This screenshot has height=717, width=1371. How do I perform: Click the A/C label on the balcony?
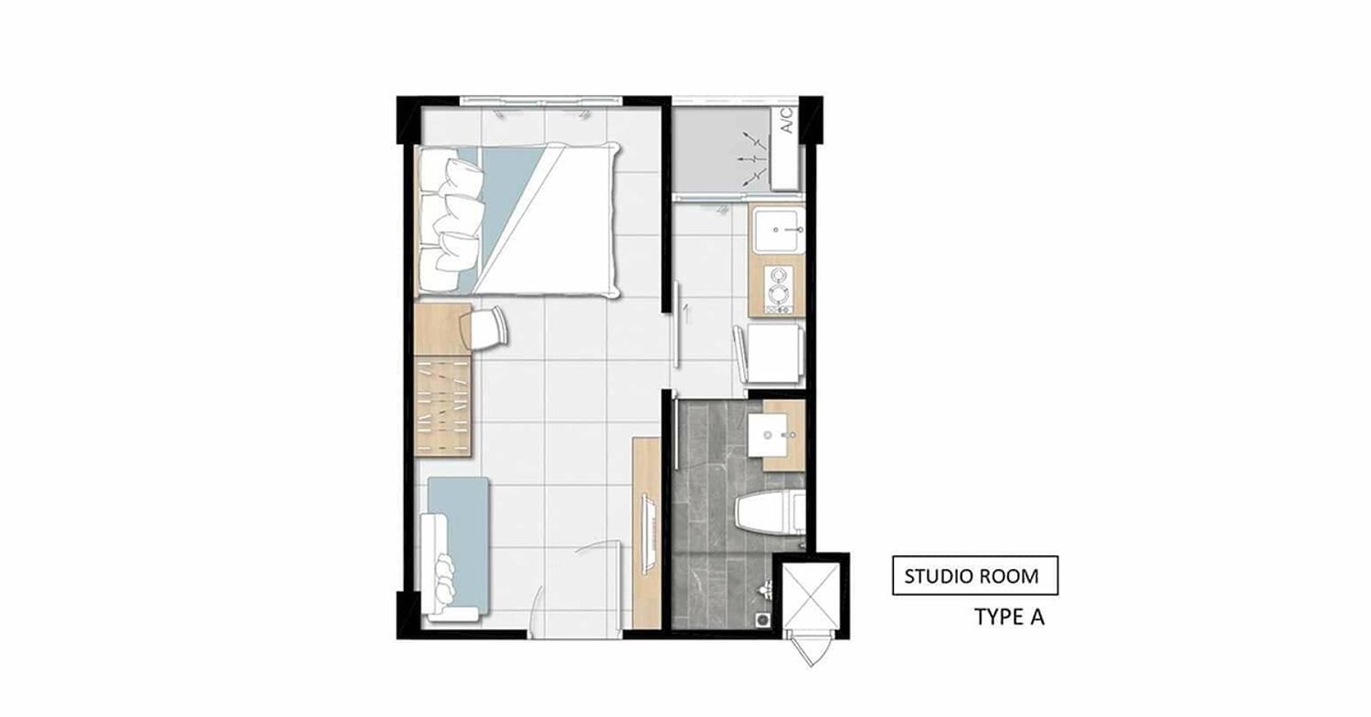(x=787, y=121)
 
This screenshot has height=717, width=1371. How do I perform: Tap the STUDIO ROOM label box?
(x=975, y=575)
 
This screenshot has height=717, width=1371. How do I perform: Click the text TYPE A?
(x=1009, y=617)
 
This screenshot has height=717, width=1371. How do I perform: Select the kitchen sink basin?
(x=778, y=229)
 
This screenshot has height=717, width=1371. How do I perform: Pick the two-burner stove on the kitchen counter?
(x=779, y=290)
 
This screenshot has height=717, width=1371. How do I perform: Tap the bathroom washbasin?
(x=771, y=435)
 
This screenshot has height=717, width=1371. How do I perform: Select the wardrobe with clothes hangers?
(x=443, y=406)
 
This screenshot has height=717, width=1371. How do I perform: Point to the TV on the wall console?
(x=647, y=533)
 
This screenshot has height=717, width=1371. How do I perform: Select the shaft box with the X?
(x=811, y=596)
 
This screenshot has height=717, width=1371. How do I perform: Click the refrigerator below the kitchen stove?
(x=773, y=353)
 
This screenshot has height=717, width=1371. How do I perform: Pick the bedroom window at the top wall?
(x=541, y=101)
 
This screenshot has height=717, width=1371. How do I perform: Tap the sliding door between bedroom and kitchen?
(x=676, y=324)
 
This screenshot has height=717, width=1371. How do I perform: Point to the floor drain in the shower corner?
(x=762, y=619)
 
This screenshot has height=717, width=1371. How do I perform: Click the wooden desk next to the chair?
(x=442, y=329)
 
